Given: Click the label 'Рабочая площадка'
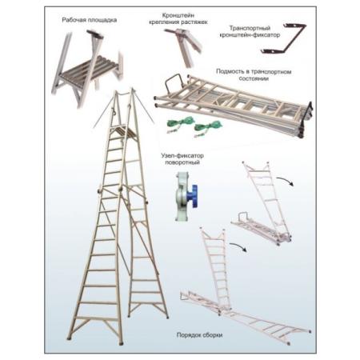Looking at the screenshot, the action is [x=90, y=20].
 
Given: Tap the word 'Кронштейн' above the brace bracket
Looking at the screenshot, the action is [x=178, y=15].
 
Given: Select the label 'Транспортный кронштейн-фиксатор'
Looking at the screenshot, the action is [x=250, y=31].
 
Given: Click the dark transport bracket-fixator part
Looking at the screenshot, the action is [x=284, y=39].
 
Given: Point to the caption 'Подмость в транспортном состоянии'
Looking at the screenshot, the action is [x=254, y=75].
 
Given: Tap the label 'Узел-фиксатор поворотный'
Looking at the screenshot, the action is [x=182, y=159].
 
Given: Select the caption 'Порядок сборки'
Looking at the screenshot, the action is [x=199, y=335].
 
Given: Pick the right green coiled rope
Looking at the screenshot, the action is [x=206, y=127].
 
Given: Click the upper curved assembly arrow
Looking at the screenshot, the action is [x=286, y=180].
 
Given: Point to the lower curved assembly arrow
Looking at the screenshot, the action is [x=238, y=246].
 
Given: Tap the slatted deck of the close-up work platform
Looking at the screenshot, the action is [x=89, y=67].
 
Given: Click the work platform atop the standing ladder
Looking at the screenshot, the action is [x=122, y=130].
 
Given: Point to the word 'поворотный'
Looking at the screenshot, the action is [x=182, y=162].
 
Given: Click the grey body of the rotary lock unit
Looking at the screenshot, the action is [x=182, y=197].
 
